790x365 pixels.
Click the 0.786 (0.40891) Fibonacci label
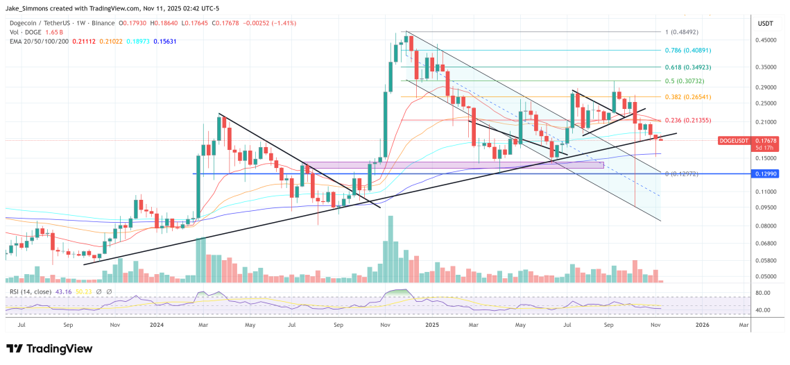[x=687, y=51]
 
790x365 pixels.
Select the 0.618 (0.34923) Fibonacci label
[x=687, y=67]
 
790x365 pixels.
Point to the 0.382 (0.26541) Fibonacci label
[x=687, y=97]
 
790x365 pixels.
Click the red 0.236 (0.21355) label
[x=687, y=120]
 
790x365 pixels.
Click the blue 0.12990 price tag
[x=767, y=173]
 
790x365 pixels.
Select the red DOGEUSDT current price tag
[x=767, y=144]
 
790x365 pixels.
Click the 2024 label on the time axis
[x=156, y=324]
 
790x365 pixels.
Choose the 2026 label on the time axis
[x=703, y=324]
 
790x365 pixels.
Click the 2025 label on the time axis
[x=433, y=324]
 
